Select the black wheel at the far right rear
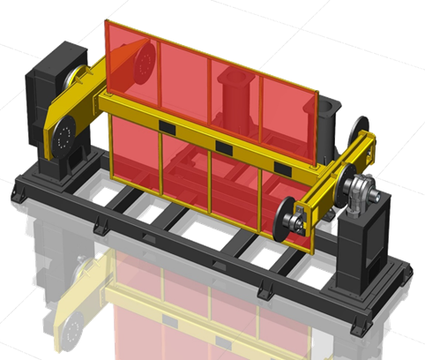click(x=360, y=130)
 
